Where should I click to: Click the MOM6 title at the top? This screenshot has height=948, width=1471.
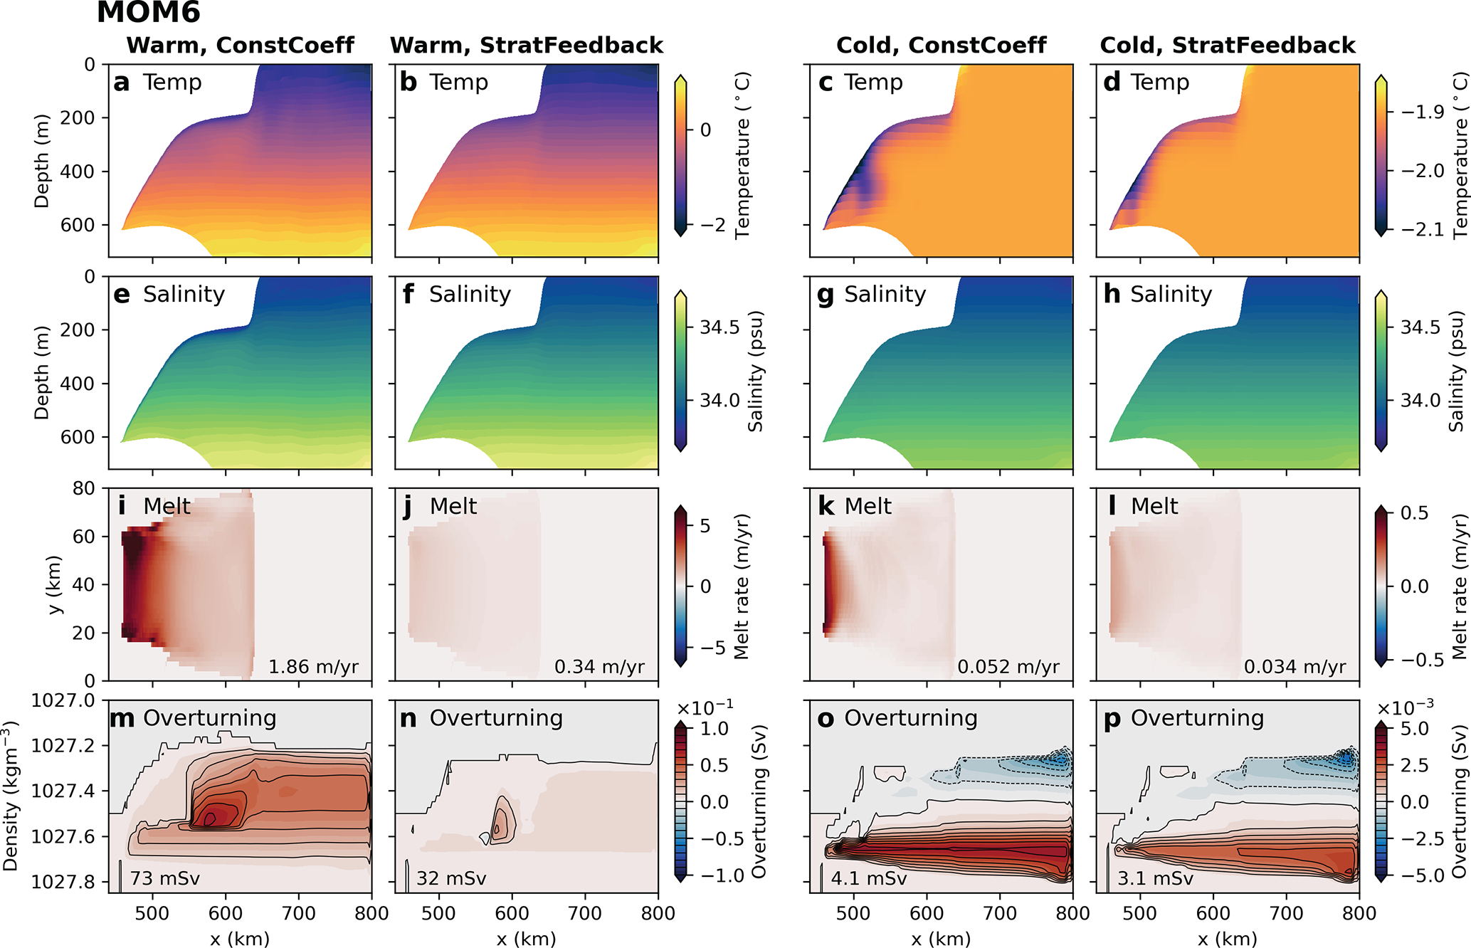(x=148, y=13)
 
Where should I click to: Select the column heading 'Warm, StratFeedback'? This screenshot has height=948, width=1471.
(x=526, y=46)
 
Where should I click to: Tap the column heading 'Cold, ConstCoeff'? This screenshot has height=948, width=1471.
(x=941, y=46)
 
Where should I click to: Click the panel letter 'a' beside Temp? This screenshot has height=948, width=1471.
(x=121, y=83)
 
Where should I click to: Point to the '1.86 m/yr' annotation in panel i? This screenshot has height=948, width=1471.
(x=313, y=667)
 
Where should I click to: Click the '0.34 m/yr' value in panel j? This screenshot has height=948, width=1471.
(x=599, y=667)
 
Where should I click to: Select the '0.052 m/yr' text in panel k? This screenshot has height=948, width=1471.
(x=1008, y=667)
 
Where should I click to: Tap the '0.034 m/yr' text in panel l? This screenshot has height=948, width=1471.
(x=1295, y=667)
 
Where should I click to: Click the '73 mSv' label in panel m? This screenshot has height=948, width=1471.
(x=165, y=878)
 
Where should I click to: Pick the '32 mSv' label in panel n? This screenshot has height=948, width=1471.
(x=451, y=878)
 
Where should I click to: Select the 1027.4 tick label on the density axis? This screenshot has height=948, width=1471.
(x=63, y=791)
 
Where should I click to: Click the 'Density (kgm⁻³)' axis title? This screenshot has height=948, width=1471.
(x=11, y=796)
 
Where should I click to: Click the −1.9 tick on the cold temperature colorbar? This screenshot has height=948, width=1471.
(x=1422, y=112)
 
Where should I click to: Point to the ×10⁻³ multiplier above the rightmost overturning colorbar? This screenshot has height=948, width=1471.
(x=1405, y=708)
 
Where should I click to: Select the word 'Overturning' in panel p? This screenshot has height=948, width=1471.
(x=1197, y=718)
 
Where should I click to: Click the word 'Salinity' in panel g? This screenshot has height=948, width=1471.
(x=885, y=294)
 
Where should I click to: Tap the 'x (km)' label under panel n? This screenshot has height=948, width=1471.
(x=526, y=939)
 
